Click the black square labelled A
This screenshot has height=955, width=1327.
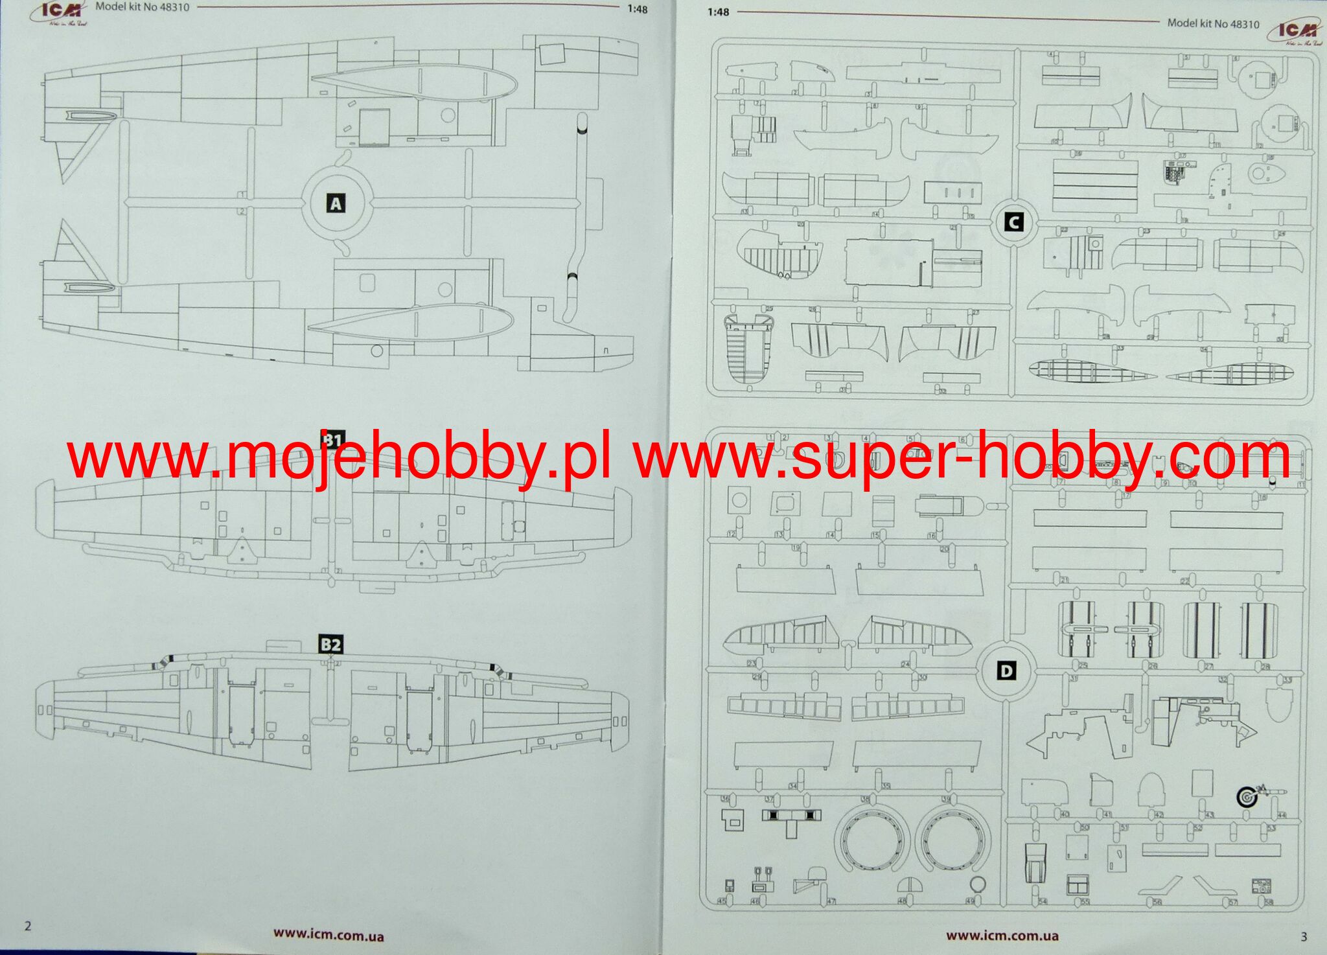point(335,204)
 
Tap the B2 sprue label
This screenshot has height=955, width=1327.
point(330,645)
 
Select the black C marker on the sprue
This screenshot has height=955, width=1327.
point(1013,223)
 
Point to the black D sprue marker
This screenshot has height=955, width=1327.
point(1006,671)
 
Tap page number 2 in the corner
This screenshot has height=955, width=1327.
point(27,926)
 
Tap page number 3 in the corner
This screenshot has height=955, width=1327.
point(1304,936)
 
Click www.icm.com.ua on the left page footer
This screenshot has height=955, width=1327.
point(328,935)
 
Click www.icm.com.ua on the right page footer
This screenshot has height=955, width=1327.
point(1002,936)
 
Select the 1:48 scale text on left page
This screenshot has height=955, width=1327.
point(637,10)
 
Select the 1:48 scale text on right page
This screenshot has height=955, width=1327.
point(718,12)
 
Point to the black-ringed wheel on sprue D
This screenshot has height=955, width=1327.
point(1247,797)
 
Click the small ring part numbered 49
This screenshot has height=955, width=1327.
point(979,884)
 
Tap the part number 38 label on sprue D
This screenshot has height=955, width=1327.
point(864,800)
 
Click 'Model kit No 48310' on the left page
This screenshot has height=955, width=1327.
point(142,8)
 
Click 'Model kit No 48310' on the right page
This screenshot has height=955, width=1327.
point(1213,24)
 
